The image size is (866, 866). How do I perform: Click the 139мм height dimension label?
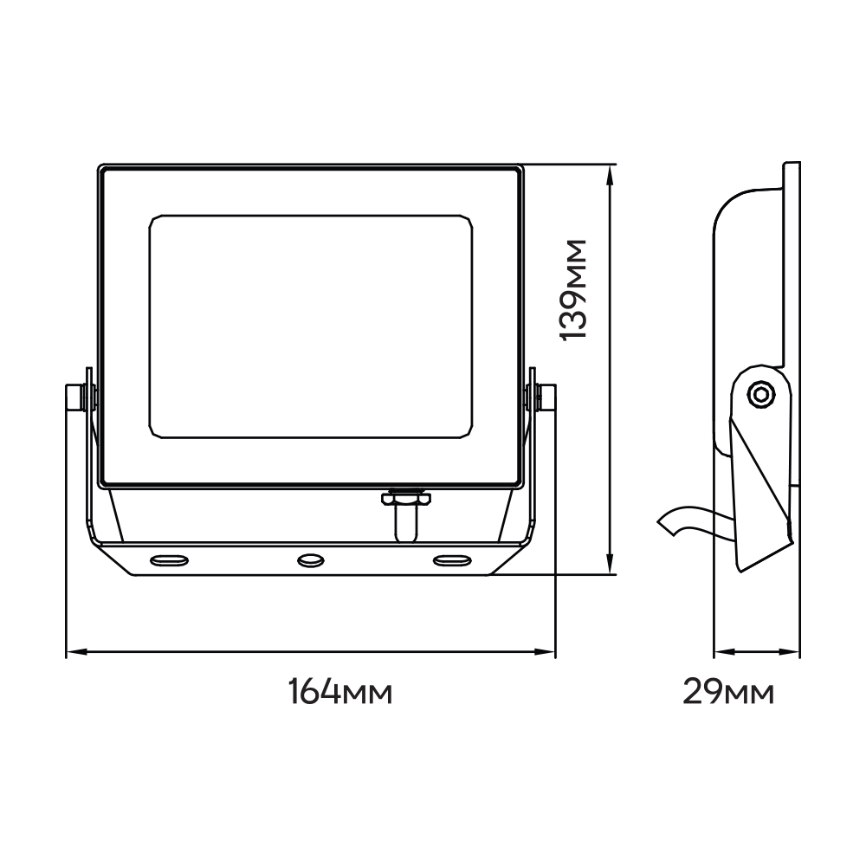click(x=573, y=290)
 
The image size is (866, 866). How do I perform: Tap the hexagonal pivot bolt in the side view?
click(x=760, y=394)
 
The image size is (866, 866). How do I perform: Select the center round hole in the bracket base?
click(x=311, y=560)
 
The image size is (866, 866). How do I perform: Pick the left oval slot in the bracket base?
click(x=169, y=560)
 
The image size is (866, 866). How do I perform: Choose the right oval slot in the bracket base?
click(x=452, y=560)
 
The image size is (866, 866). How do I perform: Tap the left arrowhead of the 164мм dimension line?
click(x=76, y=652)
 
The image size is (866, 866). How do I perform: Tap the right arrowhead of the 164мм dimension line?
click(x=545, y=652)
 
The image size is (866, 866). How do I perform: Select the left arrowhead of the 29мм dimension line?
click(x=722, y=652)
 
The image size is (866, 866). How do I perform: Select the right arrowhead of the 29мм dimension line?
click(x=790, y=652)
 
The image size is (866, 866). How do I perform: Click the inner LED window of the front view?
click(x=311, y=327)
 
